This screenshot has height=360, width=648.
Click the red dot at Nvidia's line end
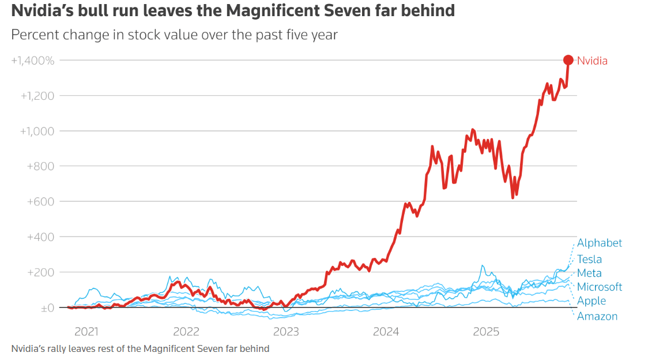click(x=568, y=60)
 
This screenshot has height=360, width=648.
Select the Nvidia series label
click(x=592, y=61)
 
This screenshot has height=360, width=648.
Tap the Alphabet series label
click(x=600, y=243)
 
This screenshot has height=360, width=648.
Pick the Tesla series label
click(x=589, y=259)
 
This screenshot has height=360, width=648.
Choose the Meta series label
click(x=589, y=273)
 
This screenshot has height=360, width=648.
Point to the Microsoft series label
click(x=600, y=287)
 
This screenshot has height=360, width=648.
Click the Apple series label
click(x=592, y=301)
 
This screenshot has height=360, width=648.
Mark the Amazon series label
click(x=597, y=316)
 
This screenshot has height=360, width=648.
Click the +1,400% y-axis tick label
click(x=32, y=60)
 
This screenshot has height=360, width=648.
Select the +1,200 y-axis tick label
click(x=37, y=96)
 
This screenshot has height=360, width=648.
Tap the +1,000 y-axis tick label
click(x=37, y=131)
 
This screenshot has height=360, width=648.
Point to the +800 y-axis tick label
click(x=41, y=166)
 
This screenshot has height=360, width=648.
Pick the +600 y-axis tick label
click(x=41, y=202)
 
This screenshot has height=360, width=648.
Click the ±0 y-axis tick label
click(x=47, y=308)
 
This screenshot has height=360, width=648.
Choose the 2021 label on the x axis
click(x=86, y=332)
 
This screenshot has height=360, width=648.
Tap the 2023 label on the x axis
click(x=285, y=332)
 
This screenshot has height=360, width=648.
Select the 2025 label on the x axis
click(x=485, y=332)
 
